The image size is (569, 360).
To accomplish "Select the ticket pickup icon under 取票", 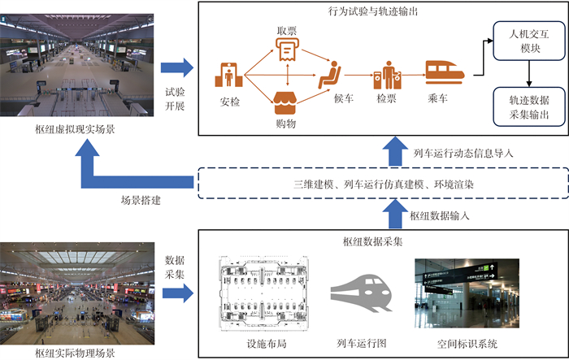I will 285,52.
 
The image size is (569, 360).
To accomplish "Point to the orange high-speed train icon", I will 445,72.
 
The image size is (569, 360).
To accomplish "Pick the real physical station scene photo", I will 74,290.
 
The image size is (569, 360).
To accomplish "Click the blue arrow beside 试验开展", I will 176,69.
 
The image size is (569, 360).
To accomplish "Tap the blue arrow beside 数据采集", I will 176,290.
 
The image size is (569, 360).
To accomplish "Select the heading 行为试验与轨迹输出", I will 379,11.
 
